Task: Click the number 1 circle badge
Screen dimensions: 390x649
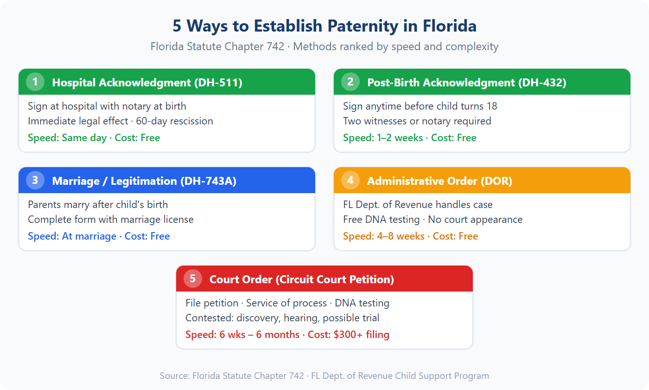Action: [x=35, y=82]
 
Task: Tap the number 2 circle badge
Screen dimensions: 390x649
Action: [x=350, y=82]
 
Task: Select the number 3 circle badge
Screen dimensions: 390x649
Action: [x=35, y=180]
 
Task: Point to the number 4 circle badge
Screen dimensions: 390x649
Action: [x=350, y=180]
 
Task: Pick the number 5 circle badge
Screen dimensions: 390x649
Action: [x=193, y=279]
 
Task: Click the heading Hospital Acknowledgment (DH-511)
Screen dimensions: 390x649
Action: [x=147, y=83]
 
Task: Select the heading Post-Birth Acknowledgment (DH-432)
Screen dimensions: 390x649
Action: [x=466, y=83]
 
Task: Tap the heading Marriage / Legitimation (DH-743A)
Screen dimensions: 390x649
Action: [x=144, y=181]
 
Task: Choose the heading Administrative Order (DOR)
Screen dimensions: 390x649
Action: [x=439, y=181]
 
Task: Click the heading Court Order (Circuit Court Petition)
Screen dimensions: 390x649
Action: [x=301, y=279]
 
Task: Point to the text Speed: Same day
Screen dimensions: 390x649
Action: [x=67, y=138]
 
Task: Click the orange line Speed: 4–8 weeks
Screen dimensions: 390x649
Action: [x=384, y=236]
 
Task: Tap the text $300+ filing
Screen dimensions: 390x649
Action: [x=361, y=335]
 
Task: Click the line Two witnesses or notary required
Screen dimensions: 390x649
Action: [x=417, y=121]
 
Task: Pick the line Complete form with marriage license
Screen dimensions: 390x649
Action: [x=111, y=220]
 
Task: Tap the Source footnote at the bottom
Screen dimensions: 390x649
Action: [x=324, y=376]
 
